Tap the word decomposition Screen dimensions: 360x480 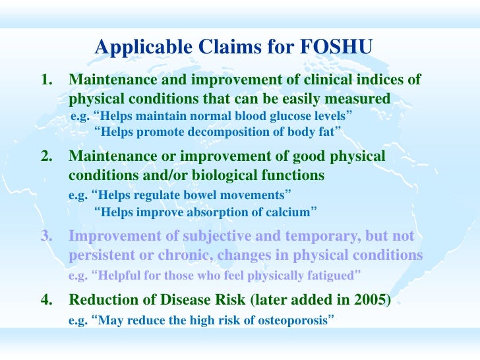[x=221, y=132]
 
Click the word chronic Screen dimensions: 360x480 [x=204, y=255]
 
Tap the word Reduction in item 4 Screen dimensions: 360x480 [x=103, y=301]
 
